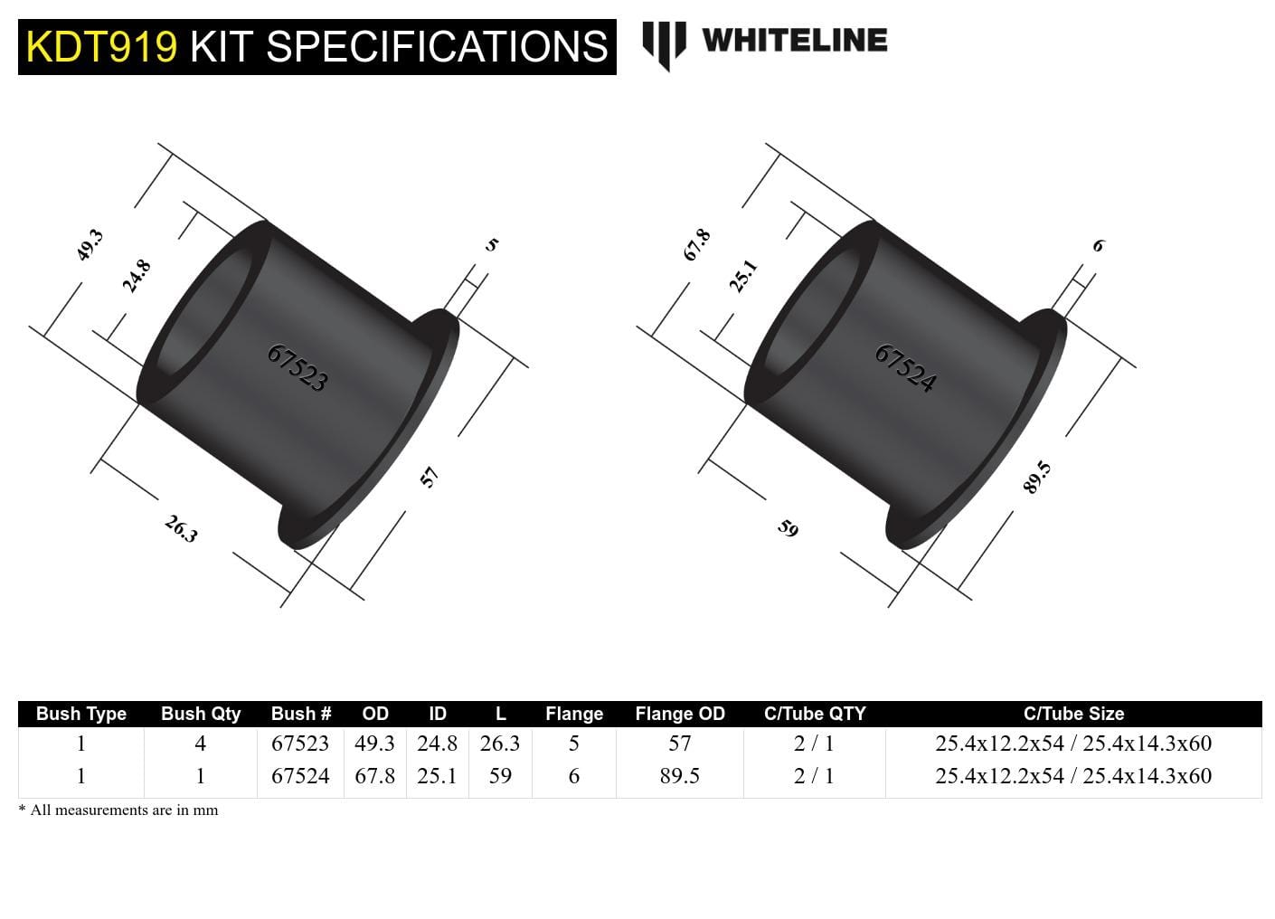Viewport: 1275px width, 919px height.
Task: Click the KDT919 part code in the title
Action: tap(101, 47)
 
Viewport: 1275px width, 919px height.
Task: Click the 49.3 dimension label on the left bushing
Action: tap(90, 245)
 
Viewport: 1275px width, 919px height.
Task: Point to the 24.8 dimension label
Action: tap(137, 276)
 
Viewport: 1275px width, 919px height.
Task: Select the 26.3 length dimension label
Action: tap(181, 529)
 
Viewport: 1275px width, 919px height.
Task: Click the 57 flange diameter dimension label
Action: tap(430, 477)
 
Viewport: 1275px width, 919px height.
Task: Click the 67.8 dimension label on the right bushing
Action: tap(696, 245)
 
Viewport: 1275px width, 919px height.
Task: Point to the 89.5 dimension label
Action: tap(1037, 477)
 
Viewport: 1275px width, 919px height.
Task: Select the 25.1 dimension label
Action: tap(743, 276)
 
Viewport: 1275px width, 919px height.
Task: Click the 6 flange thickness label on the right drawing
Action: tap(1099, 245)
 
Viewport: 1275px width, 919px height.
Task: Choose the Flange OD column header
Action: tap(680, 714)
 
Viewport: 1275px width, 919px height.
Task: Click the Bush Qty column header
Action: tap(201, 714)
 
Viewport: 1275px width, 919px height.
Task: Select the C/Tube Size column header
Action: tap(1073, 714)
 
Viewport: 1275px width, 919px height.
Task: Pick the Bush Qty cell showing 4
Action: tap(201, 744)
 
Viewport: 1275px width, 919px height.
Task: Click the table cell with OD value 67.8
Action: tap(374, 776)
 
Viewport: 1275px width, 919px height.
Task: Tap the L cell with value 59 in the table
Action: tap(500, 776)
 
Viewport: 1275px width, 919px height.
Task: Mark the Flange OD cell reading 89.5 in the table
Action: tap(680, 776)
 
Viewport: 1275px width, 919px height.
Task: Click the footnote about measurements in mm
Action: tap(118, 810)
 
